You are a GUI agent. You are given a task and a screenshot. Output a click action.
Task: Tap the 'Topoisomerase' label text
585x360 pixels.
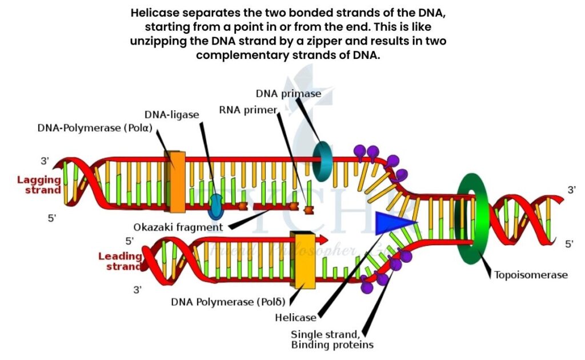530,275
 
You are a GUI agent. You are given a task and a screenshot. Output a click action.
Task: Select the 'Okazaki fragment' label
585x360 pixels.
178,226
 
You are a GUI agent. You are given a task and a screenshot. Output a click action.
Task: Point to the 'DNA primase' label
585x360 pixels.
288,93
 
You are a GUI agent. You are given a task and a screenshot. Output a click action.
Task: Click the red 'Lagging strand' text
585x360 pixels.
39,185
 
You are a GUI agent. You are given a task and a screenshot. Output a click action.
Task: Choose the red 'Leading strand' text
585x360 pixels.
121,261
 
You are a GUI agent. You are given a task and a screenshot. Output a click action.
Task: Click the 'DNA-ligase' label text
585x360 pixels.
171,114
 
